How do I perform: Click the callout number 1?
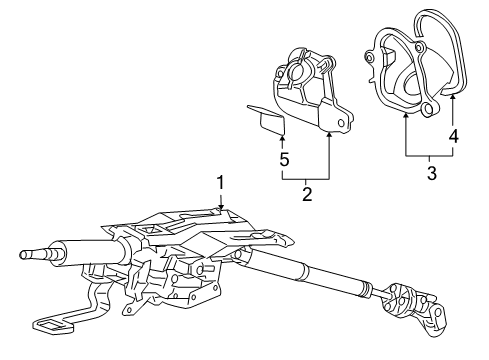220,183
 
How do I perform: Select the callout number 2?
307,194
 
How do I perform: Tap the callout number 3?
432,173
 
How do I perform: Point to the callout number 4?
453,136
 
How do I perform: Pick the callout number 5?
284,160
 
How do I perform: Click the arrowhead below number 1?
220,208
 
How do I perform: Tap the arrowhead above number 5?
283,138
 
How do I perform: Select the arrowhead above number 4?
452,97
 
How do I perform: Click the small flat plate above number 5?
268,120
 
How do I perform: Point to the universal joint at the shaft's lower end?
413,304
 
